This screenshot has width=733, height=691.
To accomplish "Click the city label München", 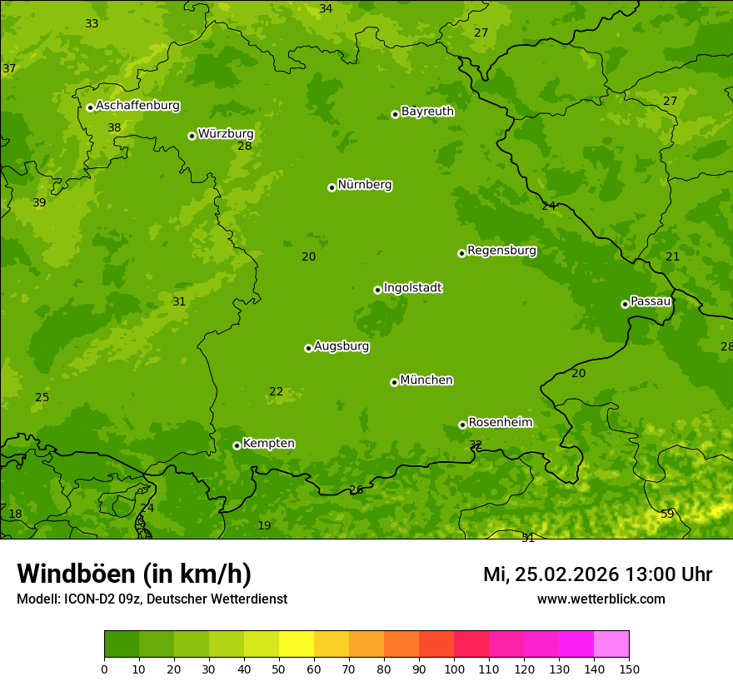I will (426, 380).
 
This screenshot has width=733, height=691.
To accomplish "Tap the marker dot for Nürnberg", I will (332, 187).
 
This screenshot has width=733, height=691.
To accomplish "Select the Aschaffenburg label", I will (137, 106).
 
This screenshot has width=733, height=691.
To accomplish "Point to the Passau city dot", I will (625, 304).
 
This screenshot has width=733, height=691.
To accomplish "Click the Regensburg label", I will (501, 251).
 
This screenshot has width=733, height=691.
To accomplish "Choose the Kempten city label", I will (268, 444).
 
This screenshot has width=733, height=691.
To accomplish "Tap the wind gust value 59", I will (667, 514).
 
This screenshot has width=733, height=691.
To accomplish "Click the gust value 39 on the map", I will (39, 203).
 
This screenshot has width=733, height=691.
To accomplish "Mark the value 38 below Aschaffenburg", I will (114, 128).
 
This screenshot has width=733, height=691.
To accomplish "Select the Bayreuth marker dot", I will (395, 114).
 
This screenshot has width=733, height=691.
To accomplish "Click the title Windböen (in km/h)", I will (134, 574).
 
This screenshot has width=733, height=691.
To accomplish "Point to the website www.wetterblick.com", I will (601, 599).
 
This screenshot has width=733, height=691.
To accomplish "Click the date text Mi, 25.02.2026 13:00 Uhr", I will (597, 574).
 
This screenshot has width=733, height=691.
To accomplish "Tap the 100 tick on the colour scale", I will (454, 669).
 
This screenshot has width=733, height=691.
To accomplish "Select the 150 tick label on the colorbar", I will (629, 669).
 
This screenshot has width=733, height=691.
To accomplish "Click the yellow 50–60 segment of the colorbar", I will (297, 644).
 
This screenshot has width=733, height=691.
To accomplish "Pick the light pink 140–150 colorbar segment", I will (611, 644).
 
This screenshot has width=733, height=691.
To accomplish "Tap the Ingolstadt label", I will (412, 288).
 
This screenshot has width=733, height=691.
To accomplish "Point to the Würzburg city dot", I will (192, 136).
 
